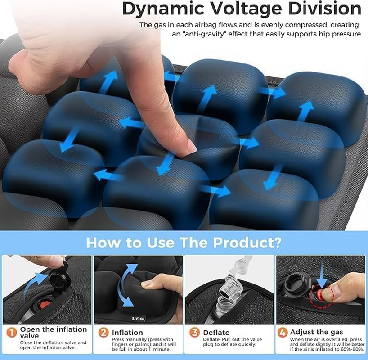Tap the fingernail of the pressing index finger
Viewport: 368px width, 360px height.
191,147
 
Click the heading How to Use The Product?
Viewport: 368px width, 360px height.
184,243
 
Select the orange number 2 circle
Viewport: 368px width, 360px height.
103,333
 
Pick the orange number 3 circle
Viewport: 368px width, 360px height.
194,333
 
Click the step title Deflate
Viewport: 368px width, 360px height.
216,333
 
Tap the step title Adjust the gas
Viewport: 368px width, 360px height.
316,332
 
